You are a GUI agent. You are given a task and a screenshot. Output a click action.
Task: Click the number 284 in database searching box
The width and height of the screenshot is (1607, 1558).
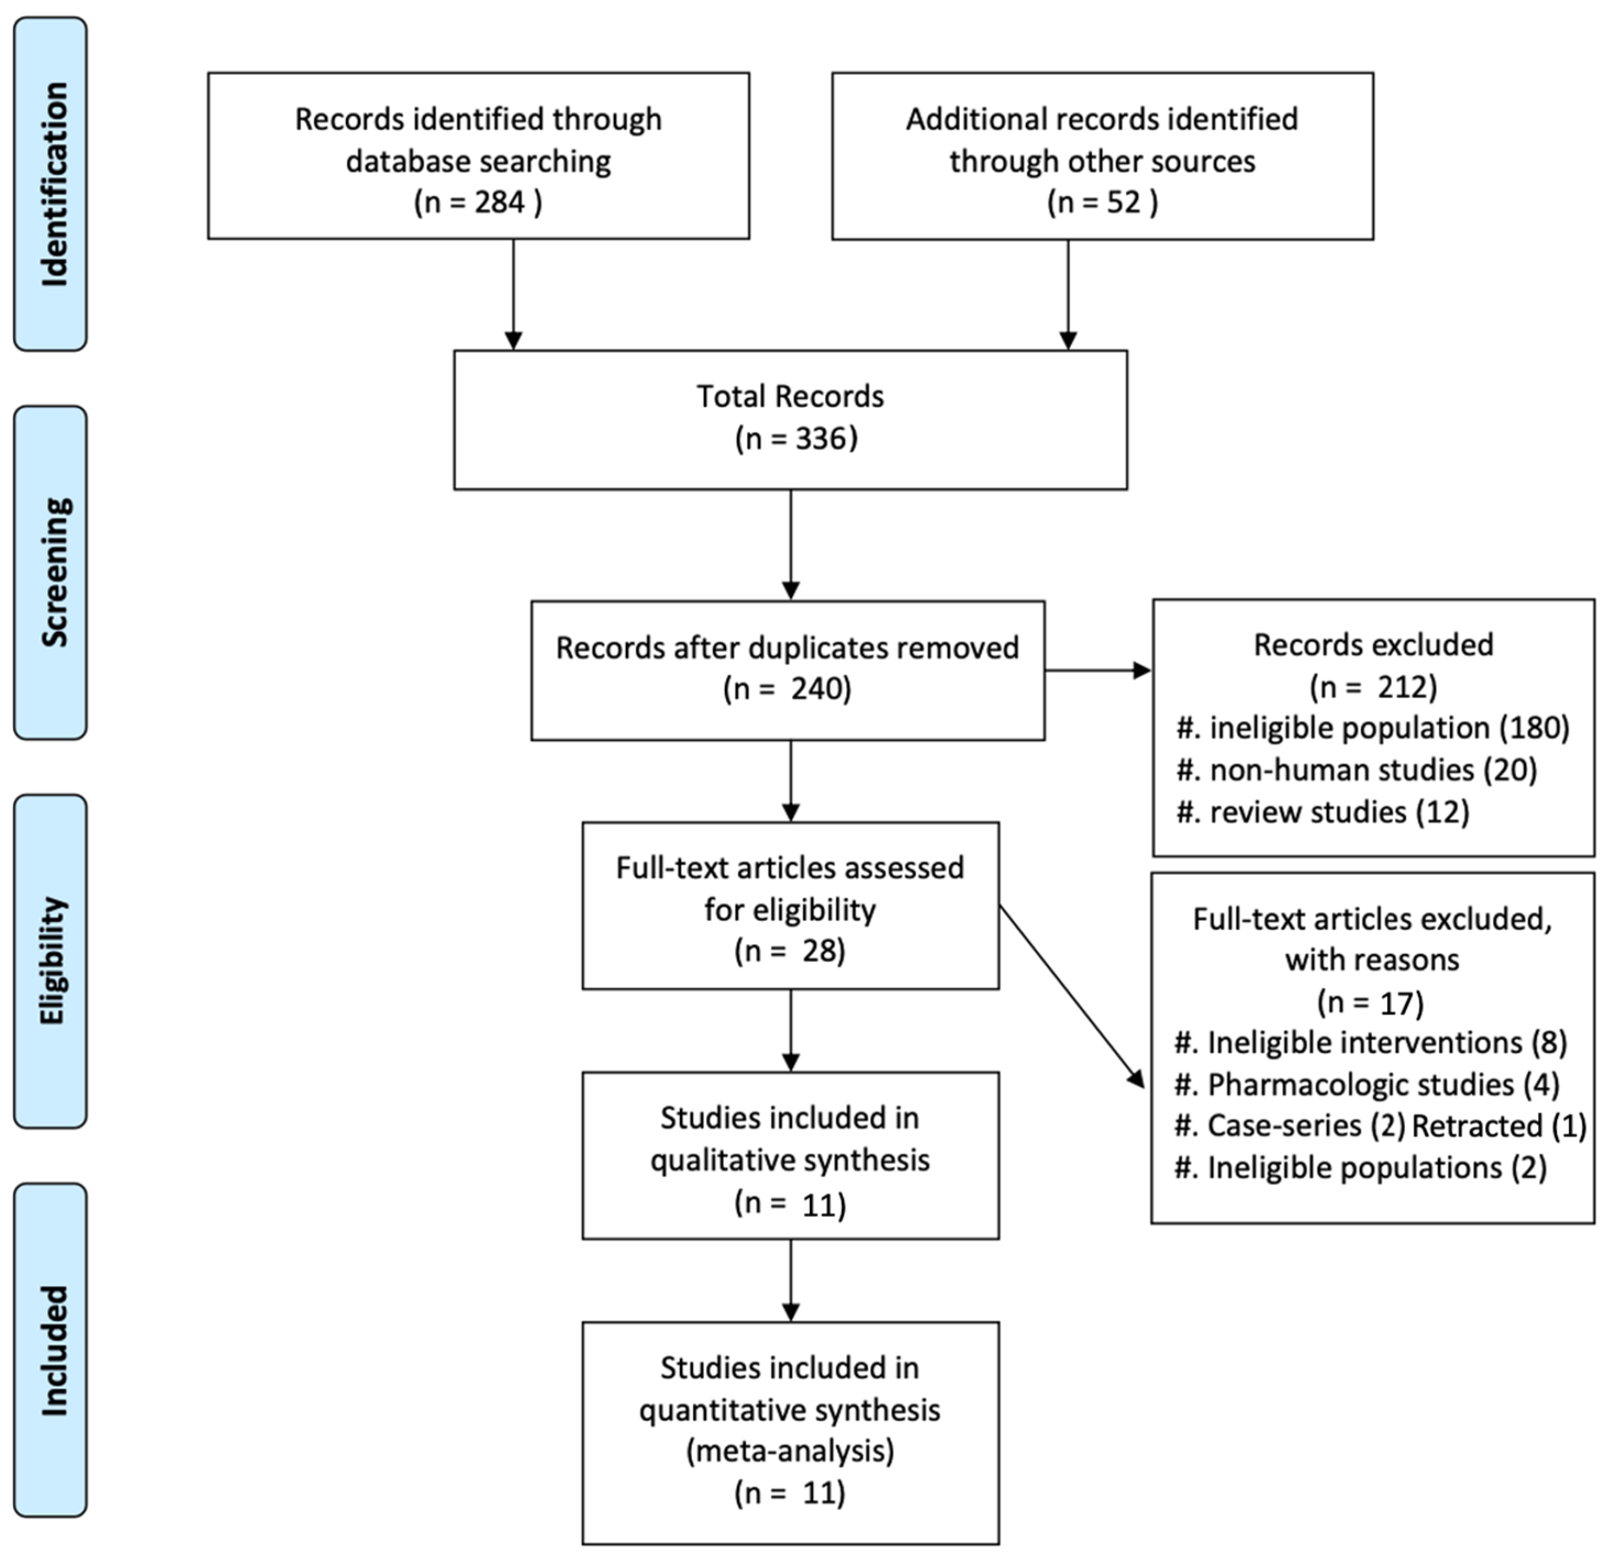click(x=499, y=202)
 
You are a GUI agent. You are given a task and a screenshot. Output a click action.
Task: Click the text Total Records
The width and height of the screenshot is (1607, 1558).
click(x=791, y=397)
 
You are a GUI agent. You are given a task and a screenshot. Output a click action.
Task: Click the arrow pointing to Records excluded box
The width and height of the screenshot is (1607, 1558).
click(x=1099, y=671)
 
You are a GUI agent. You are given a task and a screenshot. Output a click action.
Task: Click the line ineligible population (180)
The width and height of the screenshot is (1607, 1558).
click(x=1373, y=728)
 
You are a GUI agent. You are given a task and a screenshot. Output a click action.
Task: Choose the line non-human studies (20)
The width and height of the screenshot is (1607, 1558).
click(x=1357, y=770)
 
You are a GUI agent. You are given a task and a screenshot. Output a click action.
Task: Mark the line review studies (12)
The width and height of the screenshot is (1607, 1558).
click(x=1323, y=812)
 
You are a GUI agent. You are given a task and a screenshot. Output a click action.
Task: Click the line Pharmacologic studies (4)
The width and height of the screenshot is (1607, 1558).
click(x=1367, y=1085)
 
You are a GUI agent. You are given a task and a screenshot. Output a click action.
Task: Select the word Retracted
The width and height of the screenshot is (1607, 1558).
click(x=1476, y=1126)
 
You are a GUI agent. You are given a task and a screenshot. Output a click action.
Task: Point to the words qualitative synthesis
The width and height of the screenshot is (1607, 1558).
click(x=791, y=1160)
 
